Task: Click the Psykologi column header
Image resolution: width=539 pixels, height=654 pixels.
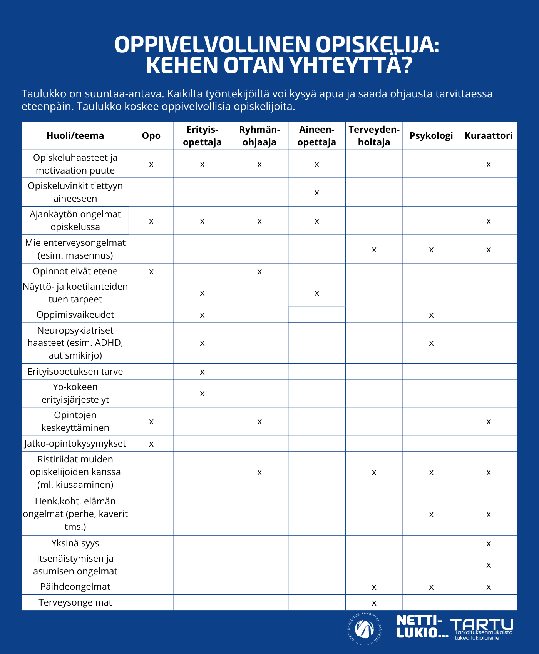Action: [431, 136]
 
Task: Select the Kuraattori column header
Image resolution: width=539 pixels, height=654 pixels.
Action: [488, 136]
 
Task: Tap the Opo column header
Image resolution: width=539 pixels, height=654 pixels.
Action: [151, 136]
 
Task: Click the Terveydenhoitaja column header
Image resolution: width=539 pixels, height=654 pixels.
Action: [374, 136]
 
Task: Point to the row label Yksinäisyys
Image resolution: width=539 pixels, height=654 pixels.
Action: [75, 543]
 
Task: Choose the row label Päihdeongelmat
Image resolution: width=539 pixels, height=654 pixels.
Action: [75, 587]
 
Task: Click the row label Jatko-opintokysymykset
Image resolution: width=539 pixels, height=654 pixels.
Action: [75, 444]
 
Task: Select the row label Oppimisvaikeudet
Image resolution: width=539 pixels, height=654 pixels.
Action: [75, 315]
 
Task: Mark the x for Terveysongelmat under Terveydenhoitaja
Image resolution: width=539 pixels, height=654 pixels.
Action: [374, 603]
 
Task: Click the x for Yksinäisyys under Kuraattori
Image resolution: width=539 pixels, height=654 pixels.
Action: [488, 544]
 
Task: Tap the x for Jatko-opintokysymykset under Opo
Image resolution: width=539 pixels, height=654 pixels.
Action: [151, 444]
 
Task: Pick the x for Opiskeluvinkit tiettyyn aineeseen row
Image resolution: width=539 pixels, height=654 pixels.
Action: [316, 193]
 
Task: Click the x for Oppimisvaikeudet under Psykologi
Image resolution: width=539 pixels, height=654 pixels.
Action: [431, 315]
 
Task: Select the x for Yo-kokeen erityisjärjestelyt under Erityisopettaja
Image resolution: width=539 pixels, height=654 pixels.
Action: [202, 394]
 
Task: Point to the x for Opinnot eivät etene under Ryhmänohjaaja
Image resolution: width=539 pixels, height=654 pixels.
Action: [259, 272]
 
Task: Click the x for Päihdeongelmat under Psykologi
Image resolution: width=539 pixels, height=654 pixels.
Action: [431, 587]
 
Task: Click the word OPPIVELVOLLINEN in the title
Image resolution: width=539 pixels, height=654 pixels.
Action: [212, 45]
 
